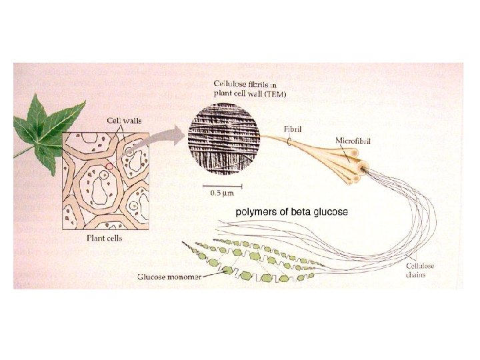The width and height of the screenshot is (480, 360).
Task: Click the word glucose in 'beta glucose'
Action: point(328,212)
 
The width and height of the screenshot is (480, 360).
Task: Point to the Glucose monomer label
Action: point(169,275)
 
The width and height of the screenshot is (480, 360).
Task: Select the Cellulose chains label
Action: point(420,270)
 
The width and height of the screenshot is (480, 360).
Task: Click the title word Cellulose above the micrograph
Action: point(228,84)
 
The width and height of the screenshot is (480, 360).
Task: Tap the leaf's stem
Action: point(22,153)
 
